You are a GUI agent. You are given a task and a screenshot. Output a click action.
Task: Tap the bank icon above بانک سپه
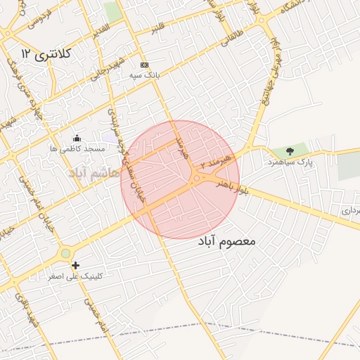[144, 64]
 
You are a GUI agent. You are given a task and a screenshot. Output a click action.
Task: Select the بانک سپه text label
[145, 73]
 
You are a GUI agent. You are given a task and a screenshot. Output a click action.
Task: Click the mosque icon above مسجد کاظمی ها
[77, 138]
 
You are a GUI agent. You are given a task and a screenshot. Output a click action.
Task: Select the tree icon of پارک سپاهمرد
[290, 151]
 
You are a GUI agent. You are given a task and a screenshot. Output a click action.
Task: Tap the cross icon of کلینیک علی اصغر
[75, 265]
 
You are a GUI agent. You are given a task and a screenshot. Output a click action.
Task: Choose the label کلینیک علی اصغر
[75, 276]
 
